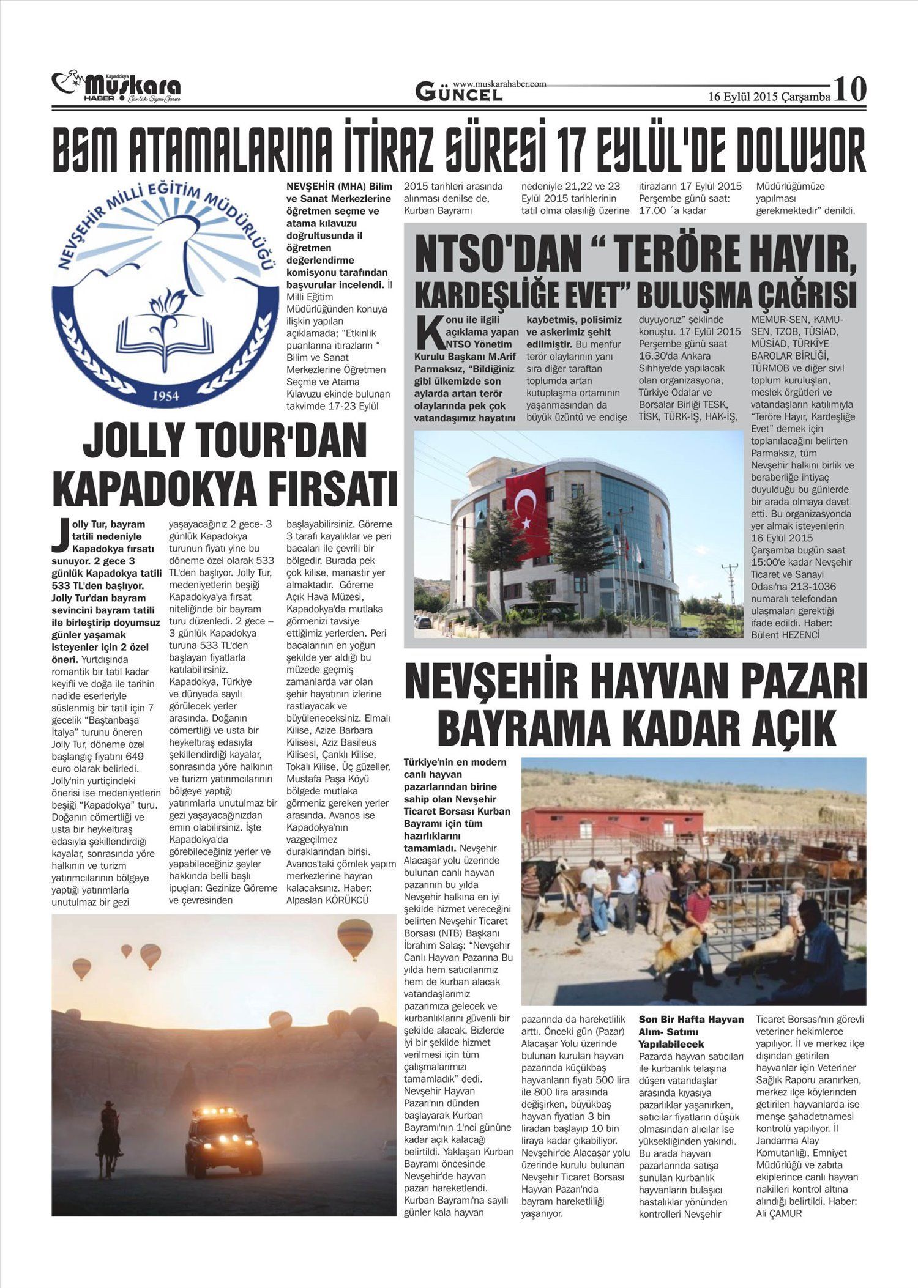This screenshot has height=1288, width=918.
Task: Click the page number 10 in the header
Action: (x=849, y=89)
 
